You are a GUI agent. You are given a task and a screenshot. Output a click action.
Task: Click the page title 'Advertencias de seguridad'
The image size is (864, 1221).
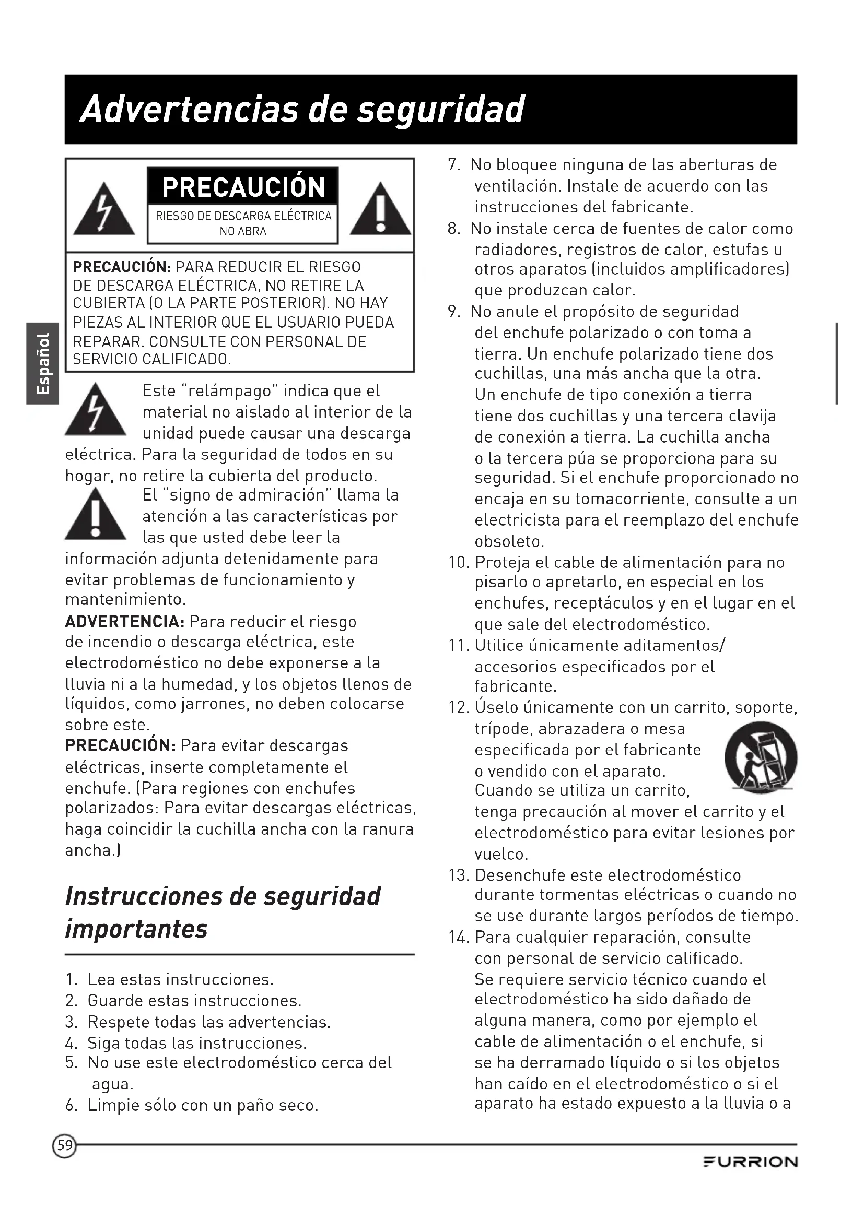(301, 110)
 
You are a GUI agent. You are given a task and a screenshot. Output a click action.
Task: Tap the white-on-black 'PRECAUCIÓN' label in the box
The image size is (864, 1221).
(243, 187)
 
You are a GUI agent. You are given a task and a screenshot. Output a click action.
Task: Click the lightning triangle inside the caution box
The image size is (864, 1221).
(104, 210)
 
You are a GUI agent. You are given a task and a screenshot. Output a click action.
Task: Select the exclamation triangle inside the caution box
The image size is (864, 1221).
(380, 210)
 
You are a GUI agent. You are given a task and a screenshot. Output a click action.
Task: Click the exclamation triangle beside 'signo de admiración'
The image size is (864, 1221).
(95, 516)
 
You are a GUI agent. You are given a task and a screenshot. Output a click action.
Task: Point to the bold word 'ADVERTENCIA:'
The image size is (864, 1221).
(124, 621)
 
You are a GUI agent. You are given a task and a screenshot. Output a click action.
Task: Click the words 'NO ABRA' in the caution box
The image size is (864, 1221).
(242, 231)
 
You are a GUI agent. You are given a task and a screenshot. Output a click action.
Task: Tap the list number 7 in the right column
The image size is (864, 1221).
(454, 165)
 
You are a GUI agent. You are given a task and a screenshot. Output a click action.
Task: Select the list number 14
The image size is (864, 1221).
(458, 937)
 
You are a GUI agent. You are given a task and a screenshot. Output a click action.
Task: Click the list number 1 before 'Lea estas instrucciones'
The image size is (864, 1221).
(71, 979)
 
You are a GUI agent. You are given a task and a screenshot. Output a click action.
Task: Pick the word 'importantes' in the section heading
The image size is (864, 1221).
(136, 929)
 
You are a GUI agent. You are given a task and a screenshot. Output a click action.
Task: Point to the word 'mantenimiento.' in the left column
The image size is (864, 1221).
(125, 600)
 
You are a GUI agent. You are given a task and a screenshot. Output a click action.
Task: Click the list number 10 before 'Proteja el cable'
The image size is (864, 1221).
(458, 563)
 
